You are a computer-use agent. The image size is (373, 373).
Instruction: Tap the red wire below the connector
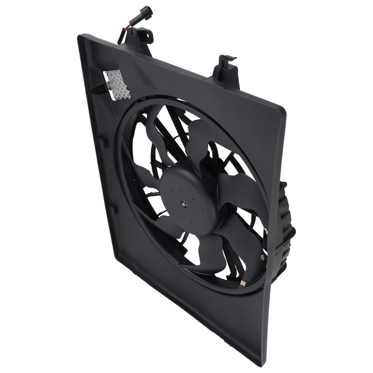coord(124,31)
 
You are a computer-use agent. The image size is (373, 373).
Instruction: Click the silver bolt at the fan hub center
coord(184,204)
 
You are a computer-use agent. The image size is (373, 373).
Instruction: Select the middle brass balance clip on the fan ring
coord(263,257)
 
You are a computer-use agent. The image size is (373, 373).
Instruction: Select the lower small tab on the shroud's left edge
coord(113,209)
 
